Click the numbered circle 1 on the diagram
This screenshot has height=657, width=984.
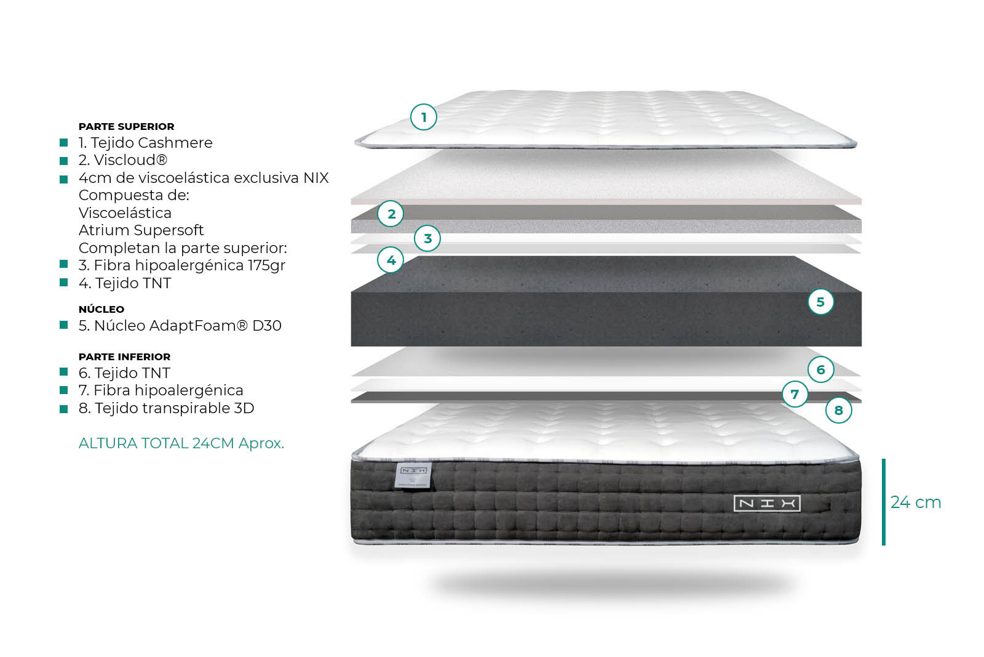[424, 117]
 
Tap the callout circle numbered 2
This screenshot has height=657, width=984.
[391, 214]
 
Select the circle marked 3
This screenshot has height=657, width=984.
[427, 238]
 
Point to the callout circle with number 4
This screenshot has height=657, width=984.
[391, 260]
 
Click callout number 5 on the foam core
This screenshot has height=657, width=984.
[820, 302]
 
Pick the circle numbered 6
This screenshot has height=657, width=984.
[820, 369]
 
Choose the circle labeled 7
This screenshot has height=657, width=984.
[795, 393]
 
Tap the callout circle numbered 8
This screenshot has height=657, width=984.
[839, 410]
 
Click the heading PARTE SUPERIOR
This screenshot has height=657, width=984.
[127, 127]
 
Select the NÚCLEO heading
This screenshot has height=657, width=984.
[101, 308]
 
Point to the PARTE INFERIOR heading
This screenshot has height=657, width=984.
[125, 357]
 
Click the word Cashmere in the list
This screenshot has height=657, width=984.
[175, 142]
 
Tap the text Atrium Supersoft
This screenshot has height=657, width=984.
[141, 230]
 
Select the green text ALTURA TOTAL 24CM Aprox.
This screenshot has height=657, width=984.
[181, 443]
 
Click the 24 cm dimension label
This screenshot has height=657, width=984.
[916, 502]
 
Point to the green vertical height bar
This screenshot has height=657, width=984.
[883, 502]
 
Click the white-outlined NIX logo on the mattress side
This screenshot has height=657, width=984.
[767, 504]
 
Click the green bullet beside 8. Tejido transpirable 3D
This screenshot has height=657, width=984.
[64, 408]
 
